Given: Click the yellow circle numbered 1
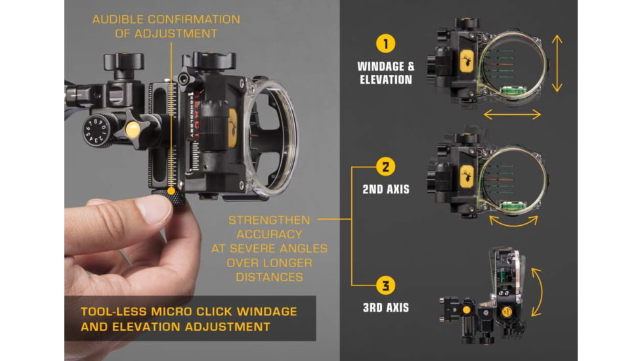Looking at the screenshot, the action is click(x=385, y=43).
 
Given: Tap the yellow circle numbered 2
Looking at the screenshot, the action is click(x=385, y=167).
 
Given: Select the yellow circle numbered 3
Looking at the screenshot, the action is click(x=385, y=286).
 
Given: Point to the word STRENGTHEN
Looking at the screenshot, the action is click(x=269, y=220).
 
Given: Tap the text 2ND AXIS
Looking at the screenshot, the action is click(x=386, y=189).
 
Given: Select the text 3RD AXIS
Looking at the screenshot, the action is click(x=386, y=308).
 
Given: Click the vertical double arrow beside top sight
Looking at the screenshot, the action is click(x=557, y=64).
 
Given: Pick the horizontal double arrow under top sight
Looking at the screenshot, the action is click(x=512, y=115).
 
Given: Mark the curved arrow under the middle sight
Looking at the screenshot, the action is click(x=513, y=223).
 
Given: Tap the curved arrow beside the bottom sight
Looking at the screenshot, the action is click(x=538, y=292).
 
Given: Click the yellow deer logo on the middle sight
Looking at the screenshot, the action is click(x=467, y=177).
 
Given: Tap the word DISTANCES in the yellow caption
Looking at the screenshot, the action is click(x=269, y=277).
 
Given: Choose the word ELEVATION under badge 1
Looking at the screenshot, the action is click(x=386, y=80).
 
